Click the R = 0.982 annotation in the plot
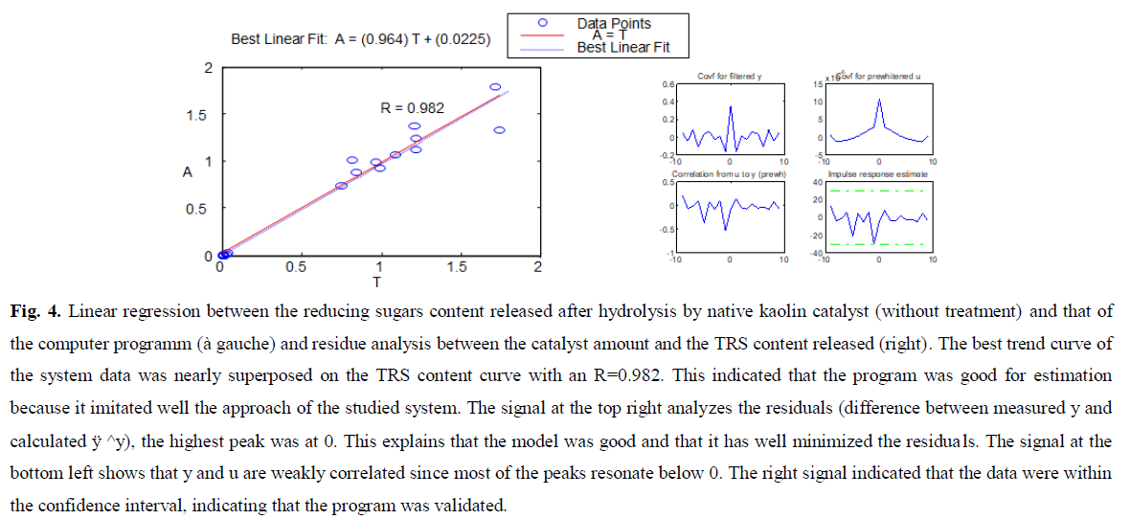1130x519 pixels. (412, 108)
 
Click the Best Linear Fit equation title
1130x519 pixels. (361, 39)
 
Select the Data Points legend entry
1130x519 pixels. (613, 23)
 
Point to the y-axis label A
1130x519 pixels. (188, 172)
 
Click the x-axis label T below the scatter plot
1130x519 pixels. (376, 282)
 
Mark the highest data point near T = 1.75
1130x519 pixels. (495, 87)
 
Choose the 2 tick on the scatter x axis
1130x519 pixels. (537, 267)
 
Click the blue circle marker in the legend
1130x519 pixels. (542, 22)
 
